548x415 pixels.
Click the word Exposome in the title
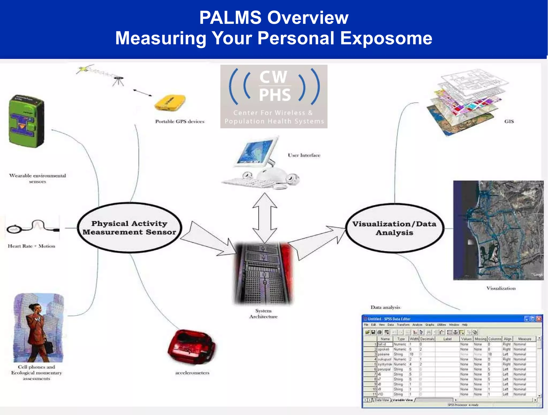click(386, 38)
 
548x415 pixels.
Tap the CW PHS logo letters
click(274, 86)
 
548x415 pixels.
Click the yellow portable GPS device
click(170, 103)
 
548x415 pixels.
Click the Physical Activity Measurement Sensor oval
click(129, 228)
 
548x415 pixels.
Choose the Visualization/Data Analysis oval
click(394, 228)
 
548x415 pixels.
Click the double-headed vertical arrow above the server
click(265, 218)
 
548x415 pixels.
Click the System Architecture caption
click(263, 314)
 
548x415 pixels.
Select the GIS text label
click(509, 121)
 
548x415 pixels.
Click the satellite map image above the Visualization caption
click(498, 230)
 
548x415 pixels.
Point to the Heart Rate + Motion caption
click(32, 246)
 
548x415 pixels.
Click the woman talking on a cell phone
click(37, 329)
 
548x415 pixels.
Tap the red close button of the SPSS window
click(539, 319)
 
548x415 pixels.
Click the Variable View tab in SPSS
click(402, 400)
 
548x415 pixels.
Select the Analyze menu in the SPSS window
click(417, 325)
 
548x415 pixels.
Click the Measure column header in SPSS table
click(524, 339)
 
